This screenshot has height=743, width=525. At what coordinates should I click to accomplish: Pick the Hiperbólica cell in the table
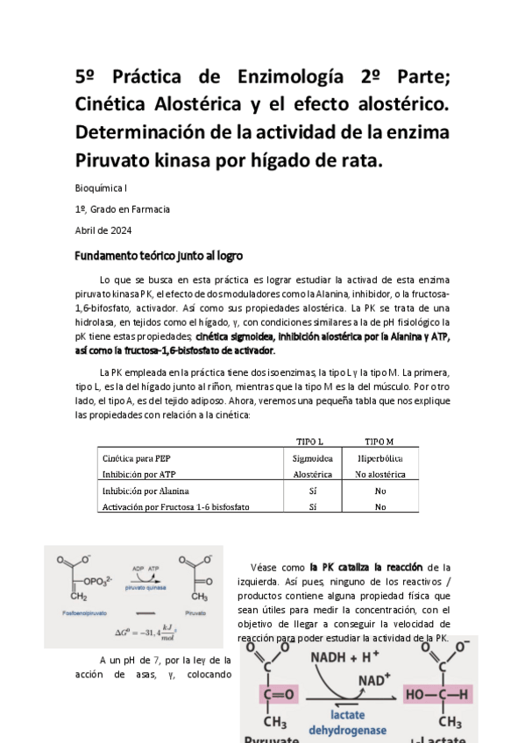pyautogui.click(x=380, y=458)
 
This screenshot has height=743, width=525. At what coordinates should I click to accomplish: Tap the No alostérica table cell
pyautogui.click(x=380, y=474)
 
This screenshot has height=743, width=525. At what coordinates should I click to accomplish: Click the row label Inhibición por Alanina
pyautogui.click(x=145, y=491)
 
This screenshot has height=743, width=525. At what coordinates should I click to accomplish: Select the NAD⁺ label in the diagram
pyautogui.click(x=374, y=679)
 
